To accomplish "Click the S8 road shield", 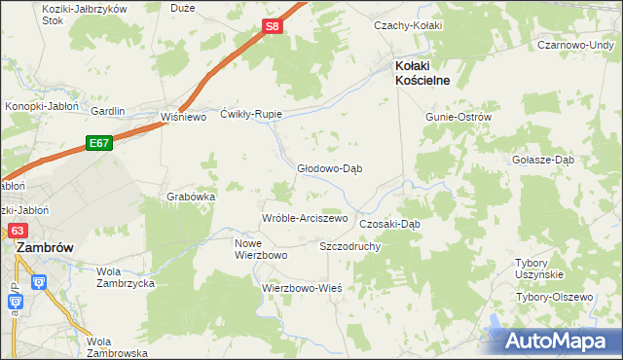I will (274, 27).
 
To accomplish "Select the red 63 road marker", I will (18, 231).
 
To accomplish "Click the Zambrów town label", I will (45, 248).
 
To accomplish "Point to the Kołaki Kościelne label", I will (421, 73).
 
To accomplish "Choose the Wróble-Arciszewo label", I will (305, 218).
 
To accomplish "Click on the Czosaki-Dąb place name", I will (389, 223).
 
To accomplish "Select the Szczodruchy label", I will (349, 246).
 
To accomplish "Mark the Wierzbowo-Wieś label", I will (302, 288).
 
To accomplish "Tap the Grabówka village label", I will (191, 196).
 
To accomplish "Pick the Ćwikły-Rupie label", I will (251, 114).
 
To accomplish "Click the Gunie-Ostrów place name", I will (458, 117).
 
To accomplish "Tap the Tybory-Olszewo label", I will (554, 296).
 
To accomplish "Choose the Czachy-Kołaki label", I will (409, 25).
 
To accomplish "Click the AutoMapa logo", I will (558, 341).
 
